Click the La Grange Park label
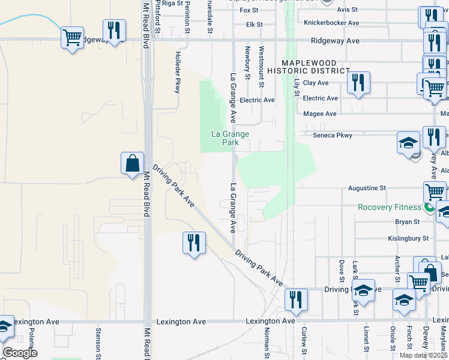230,138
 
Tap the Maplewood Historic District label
316,66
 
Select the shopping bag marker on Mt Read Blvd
132,163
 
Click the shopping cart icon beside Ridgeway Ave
72,38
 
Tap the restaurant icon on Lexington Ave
296,300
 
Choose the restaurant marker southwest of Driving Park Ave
193,243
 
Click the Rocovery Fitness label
390,207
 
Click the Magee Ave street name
320,113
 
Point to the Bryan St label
407,222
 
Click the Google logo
20,353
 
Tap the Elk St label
255,25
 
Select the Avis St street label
347,10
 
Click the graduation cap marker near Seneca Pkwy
409,144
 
